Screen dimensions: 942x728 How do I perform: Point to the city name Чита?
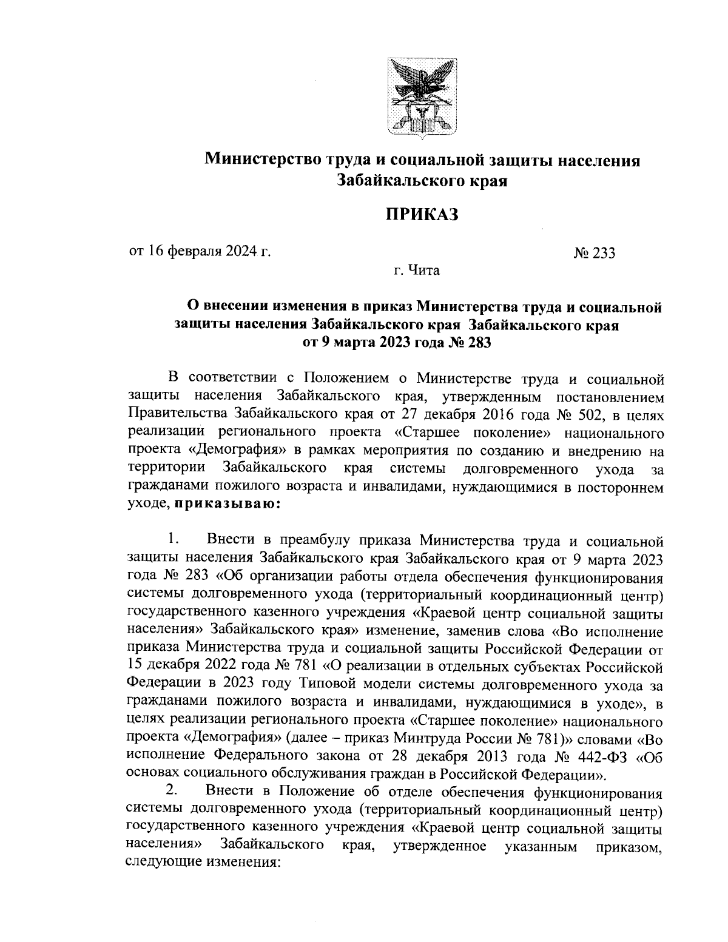point(425,270)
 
